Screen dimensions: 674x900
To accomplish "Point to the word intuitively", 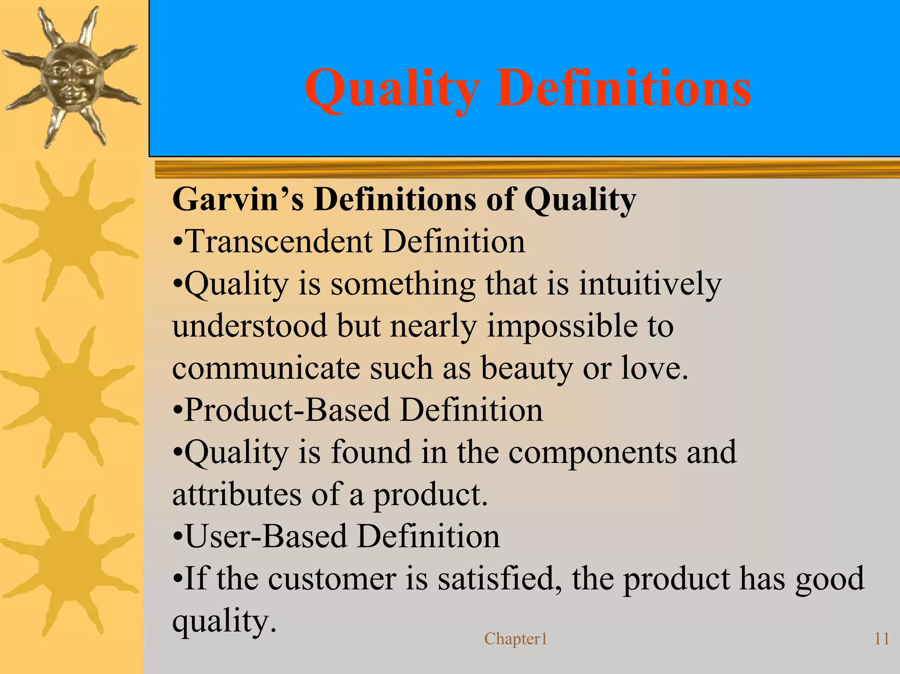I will point(650,284).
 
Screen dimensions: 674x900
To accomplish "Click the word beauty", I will point(527,368).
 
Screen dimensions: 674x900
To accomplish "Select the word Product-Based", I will point(287,410).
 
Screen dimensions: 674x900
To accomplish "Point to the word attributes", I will point(237,495).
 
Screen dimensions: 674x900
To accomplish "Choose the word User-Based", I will point(266,536).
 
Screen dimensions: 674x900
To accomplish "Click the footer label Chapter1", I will point(515,639).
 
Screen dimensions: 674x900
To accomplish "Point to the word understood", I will point(250,326).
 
